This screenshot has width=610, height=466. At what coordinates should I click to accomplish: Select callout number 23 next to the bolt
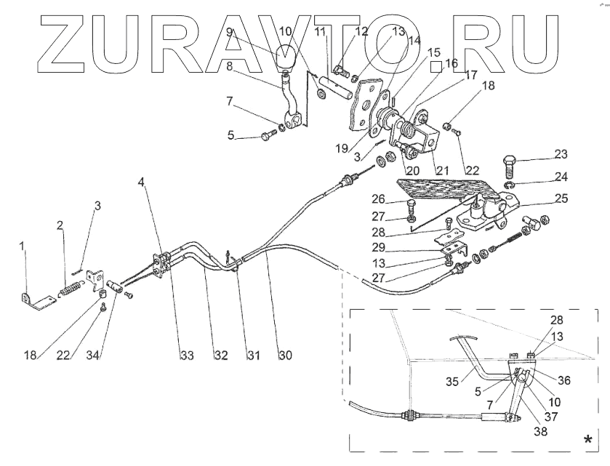coord(540,154)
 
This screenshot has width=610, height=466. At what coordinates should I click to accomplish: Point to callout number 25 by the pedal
coord(540,198)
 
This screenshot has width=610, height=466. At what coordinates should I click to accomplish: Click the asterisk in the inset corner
coord(587,440)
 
